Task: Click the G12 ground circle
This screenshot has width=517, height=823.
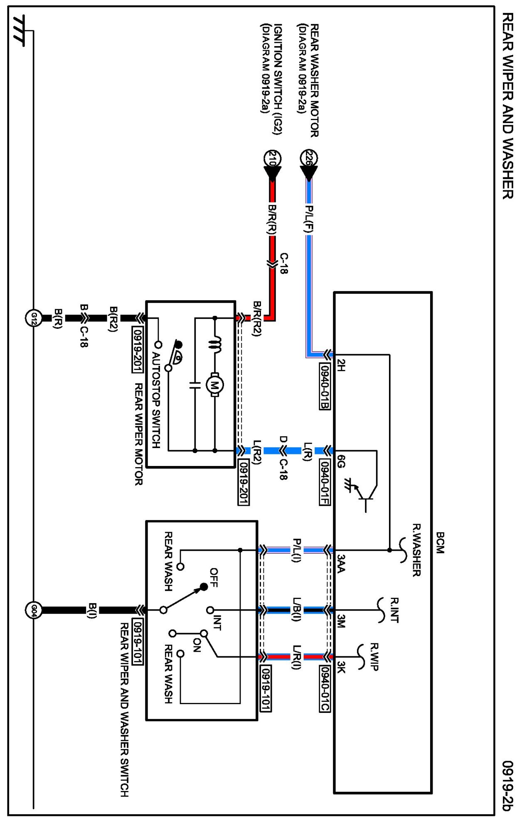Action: (x=34, y=318)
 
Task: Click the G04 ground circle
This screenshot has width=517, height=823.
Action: (x=34, y=610)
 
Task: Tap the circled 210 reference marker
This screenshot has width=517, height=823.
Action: (x=273, y=158)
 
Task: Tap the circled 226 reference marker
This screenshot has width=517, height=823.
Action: (x=309, y=158)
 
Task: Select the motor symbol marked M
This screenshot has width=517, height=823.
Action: (x=215, y=384)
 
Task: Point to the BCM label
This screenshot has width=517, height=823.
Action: (x=440, y=542)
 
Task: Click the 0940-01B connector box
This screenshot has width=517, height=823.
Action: (x=325, y=386)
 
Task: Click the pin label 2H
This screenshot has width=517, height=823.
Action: (x=341, y=365)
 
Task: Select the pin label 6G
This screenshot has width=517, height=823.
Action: (x=341, y=461)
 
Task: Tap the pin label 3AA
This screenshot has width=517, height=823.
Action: (x=341, y=564)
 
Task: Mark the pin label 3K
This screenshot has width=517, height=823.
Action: (x=341, y=668)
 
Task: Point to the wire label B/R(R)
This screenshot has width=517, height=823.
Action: (x=272, y=219)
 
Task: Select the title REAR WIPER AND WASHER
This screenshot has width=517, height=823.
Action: (x=507, y=106)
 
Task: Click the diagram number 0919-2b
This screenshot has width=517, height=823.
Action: (x=507, y=786)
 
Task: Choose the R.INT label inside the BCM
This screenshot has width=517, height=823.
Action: (x=394, y=611)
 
